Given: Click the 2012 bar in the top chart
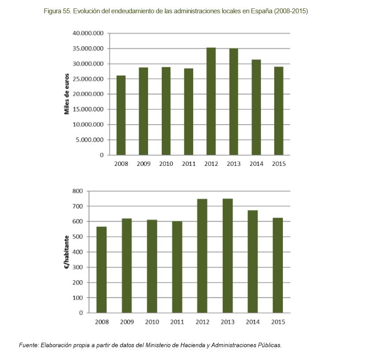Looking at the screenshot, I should point(211,101).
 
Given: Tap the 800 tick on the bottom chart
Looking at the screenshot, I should point(77,191).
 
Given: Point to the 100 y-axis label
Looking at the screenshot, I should point(77,298).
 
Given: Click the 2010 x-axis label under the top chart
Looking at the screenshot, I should point(166,164).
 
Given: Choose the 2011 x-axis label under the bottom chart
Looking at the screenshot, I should point(177,322).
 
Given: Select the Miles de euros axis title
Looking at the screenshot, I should point(67,94).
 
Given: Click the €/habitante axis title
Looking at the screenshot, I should point(67,252).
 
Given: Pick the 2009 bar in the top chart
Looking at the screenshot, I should point(144,111).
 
